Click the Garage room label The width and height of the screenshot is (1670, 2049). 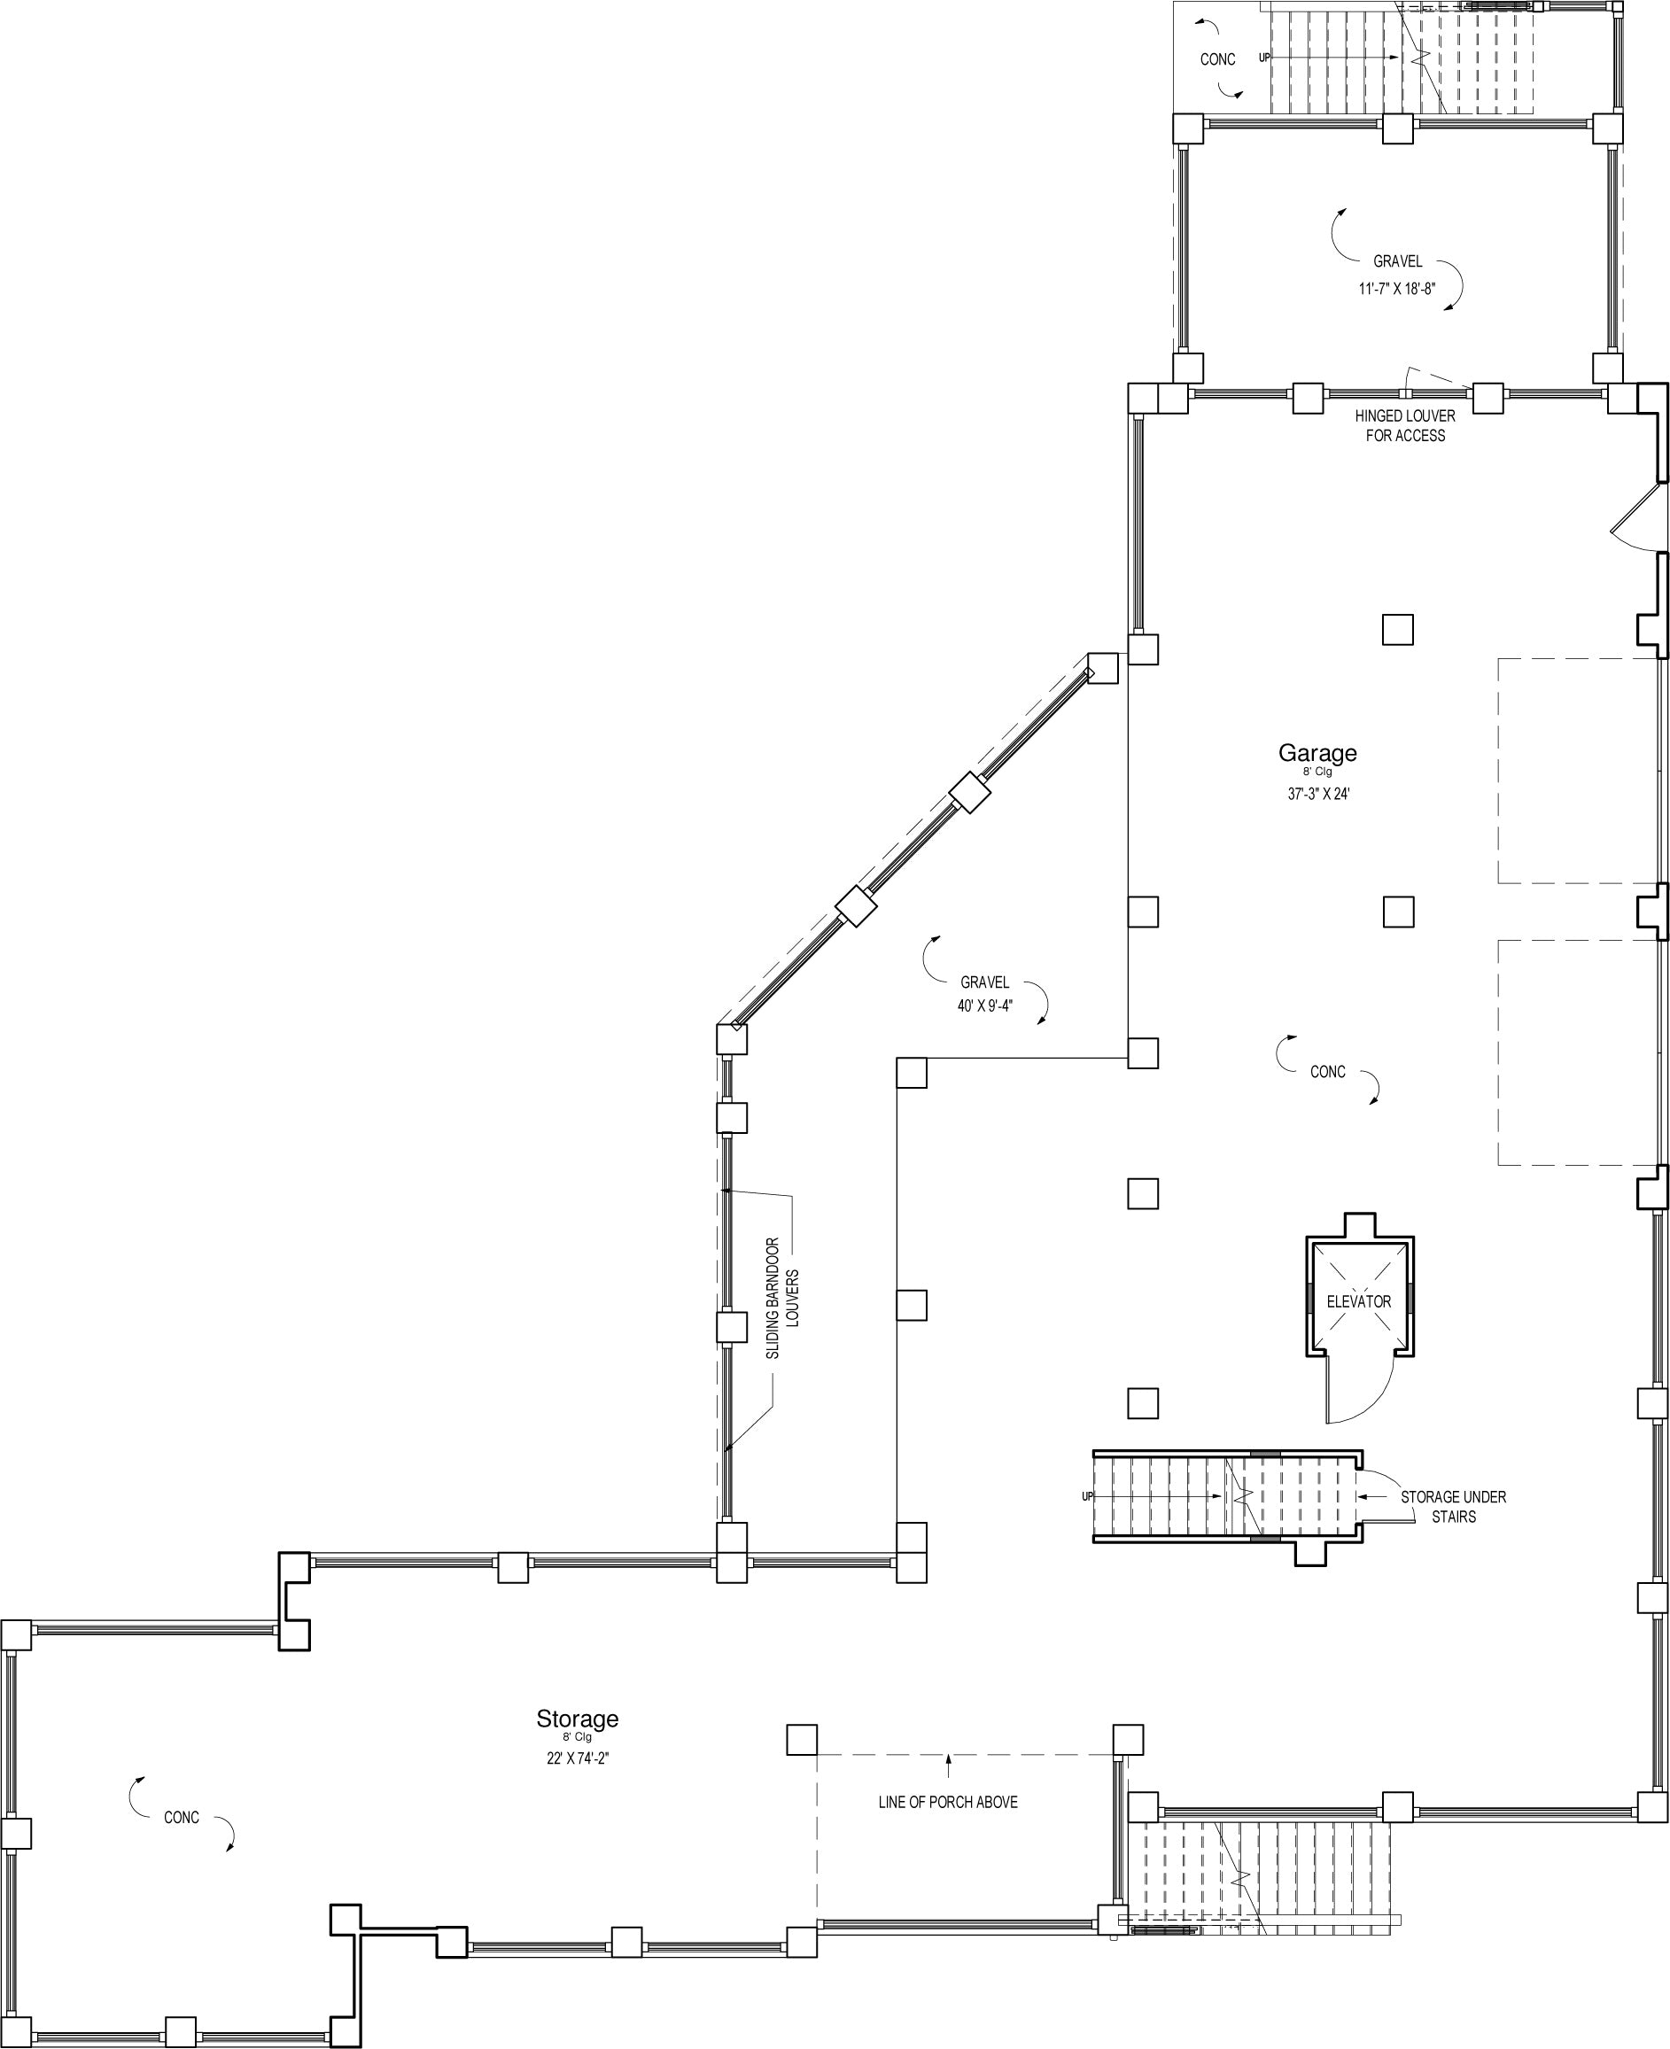1317,753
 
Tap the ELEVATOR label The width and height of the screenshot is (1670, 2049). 1358,1301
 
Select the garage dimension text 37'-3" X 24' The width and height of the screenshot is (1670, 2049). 1318,794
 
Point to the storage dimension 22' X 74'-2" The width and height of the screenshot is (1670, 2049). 577,1758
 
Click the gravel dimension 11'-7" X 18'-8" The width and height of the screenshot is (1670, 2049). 1397,288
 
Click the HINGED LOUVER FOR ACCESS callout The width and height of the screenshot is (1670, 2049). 1404,425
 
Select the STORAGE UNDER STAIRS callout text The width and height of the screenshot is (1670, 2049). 1453,1507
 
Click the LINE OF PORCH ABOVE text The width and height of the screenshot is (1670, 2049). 948,1802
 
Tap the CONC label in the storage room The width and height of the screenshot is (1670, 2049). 182,1817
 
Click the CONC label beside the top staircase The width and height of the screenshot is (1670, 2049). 1218,59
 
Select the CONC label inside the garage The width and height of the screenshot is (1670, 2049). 1327,1072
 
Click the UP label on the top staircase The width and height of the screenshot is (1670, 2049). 1265,58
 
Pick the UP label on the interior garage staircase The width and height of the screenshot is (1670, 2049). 1088,1496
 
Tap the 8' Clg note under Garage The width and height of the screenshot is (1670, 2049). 1318,772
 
